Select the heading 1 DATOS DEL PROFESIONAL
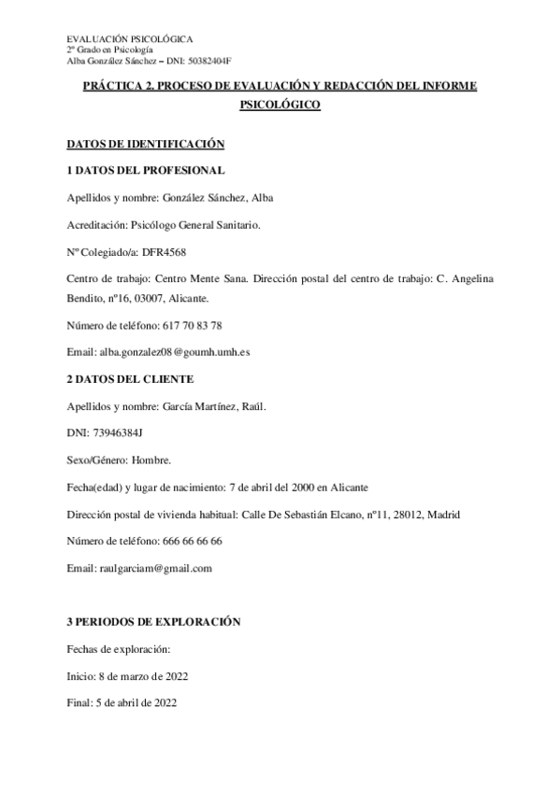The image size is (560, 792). [145, 170]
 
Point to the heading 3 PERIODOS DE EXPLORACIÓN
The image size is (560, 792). [154, 621]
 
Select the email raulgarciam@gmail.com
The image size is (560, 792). [155, 568]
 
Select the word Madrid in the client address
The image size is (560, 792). [438, 514]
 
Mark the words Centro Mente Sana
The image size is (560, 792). [200, 278]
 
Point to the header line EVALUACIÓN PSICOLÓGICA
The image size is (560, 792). [131, 39]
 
